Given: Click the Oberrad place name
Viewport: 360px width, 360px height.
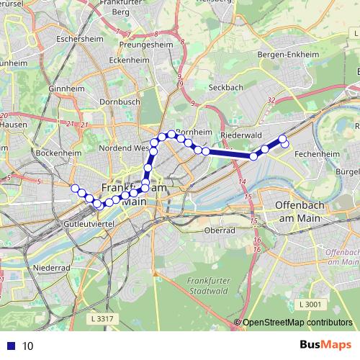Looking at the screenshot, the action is [x=220, y=230].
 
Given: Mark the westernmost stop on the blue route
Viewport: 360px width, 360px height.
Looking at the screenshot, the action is [x=74, y=188].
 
